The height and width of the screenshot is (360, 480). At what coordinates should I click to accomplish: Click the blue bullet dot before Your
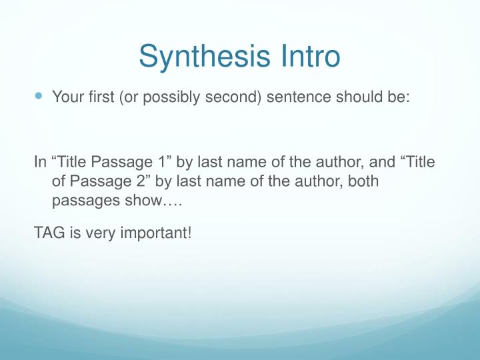pyautogui.click(x=38, y=96)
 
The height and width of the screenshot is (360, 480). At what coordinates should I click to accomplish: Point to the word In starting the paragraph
pyautogui.click(x=39, y=163)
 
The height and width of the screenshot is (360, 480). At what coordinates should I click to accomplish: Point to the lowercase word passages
pyautogui.click(x=81, y=201)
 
